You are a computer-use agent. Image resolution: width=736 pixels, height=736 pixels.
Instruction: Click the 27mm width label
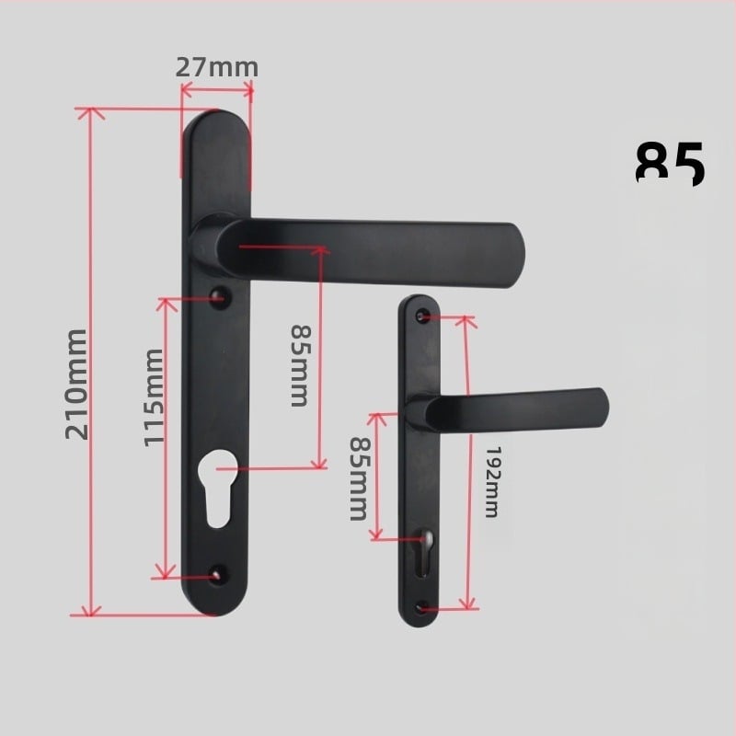tap(217, 67)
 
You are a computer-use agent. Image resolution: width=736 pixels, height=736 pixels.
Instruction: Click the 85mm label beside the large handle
tap(299, 365)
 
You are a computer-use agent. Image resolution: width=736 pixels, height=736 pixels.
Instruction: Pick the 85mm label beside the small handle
tap(358, 477)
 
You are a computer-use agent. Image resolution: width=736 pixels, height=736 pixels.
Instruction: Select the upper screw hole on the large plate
tap(219, 297)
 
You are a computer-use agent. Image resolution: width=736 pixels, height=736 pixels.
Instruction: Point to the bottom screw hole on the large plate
tap(217, 574)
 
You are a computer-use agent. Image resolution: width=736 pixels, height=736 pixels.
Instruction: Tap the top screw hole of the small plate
tap(422, 316)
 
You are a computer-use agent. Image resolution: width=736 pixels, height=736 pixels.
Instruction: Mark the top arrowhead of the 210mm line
tap(89, 113)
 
